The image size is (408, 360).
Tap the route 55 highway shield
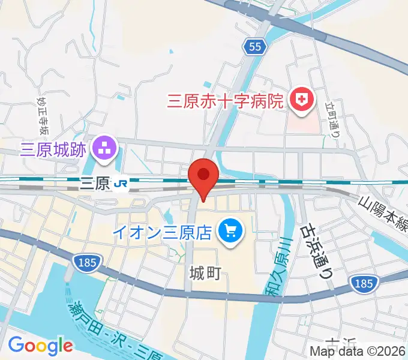254,47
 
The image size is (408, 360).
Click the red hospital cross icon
302,100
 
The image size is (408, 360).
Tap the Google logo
40,345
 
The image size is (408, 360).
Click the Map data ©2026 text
358,351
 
